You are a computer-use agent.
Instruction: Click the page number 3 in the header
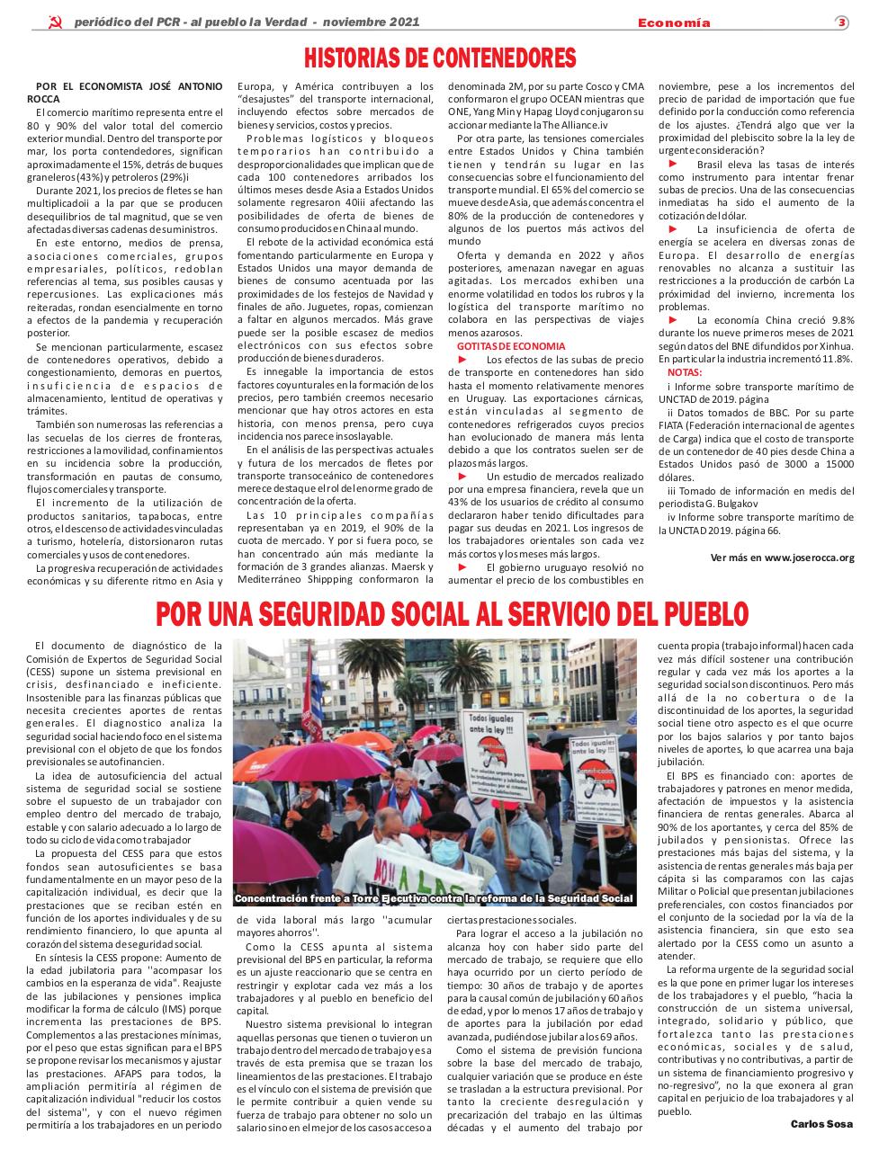pyautogui.click(x=841, y=22)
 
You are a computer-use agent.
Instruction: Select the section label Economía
pyautogui.click(x=674, y=22)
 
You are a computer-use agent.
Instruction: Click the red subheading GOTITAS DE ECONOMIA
pyautogui.click(x=511, y=345)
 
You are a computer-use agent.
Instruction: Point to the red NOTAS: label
pyautogui.click(x=686, y=371)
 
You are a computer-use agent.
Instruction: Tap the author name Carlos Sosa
pyautogui.click(x=822, y=1124)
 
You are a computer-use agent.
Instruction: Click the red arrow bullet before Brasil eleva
pyautogui.click(x=672, y=165)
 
